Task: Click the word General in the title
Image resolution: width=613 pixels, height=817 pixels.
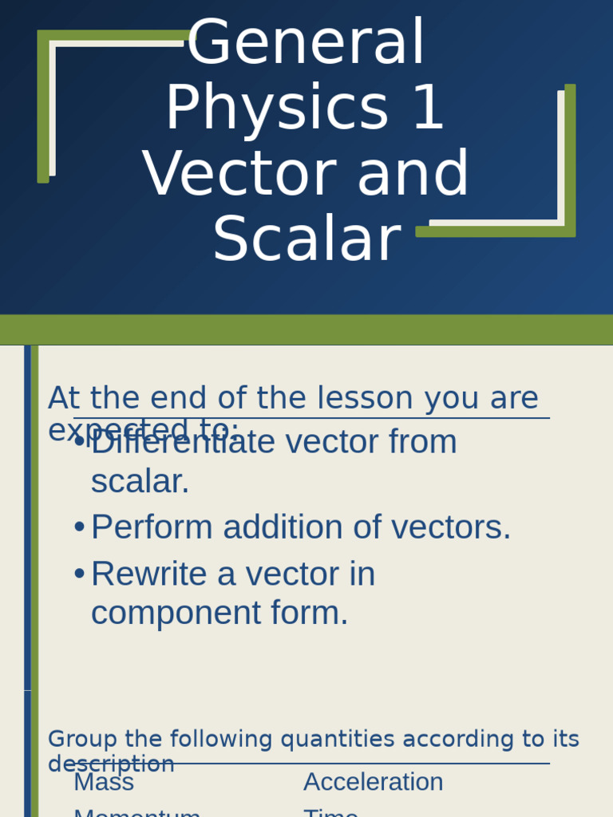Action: coord(306,44)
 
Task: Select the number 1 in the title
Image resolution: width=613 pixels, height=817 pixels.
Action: coord(429,109)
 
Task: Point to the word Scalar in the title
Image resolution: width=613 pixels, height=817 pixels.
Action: coord(306,239)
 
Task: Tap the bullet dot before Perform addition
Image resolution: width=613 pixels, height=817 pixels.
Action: coord(79,527)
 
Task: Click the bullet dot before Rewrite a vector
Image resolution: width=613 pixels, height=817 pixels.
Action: coord(79,574)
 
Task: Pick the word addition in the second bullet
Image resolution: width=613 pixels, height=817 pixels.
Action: coord(278,527)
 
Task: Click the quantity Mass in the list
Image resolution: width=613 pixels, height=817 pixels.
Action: coord(104,783)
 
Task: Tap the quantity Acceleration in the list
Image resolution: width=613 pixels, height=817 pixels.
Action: coord(373,783)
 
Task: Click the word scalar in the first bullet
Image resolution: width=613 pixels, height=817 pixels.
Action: coord(140,482)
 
